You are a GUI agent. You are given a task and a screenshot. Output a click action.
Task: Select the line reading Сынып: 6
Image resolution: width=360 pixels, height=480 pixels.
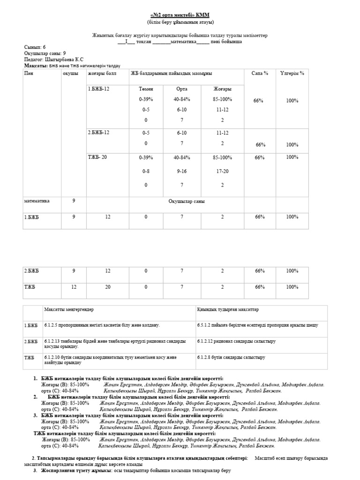(35, 47)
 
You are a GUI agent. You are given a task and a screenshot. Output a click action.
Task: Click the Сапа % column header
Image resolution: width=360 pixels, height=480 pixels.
(260, 73)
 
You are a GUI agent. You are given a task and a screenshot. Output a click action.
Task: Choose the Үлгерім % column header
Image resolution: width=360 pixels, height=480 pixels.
(292, 73)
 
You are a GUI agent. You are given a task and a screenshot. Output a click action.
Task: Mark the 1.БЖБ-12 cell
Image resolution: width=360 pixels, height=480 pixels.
(98, 89)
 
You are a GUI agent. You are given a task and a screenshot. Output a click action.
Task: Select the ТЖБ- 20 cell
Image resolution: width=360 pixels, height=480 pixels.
(97, 157)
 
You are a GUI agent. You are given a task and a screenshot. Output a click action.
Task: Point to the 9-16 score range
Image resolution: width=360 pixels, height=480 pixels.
(181, 172)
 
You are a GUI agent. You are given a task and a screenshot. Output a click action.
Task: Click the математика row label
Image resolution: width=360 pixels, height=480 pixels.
(37, 201)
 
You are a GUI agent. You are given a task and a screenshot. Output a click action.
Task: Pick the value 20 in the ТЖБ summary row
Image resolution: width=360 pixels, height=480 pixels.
(108, 287)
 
